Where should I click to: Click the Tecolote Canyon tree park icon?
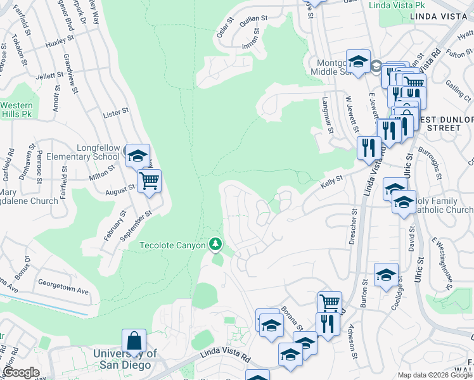click(x=216, y=244)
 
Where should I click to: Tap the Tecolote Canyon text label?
click(x=172, y=245)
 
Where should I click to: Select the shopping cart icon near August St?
click(x=149, y=182)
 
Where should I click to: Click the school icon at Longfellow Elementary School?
click(x=138, y=155)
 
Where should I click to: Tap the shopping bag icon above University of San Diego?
click(x=134, y=340)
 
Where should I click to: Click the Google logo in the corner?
click(x=21, y=372)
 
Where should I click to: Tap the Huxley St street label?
click(x=60, y=44)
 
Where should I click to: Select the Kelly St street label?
click(x=331, y=180)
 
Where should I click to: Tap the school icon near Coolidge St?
click(x=386, y=275)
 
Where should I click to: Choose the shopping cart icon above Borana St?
click(x=330, y=303)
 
